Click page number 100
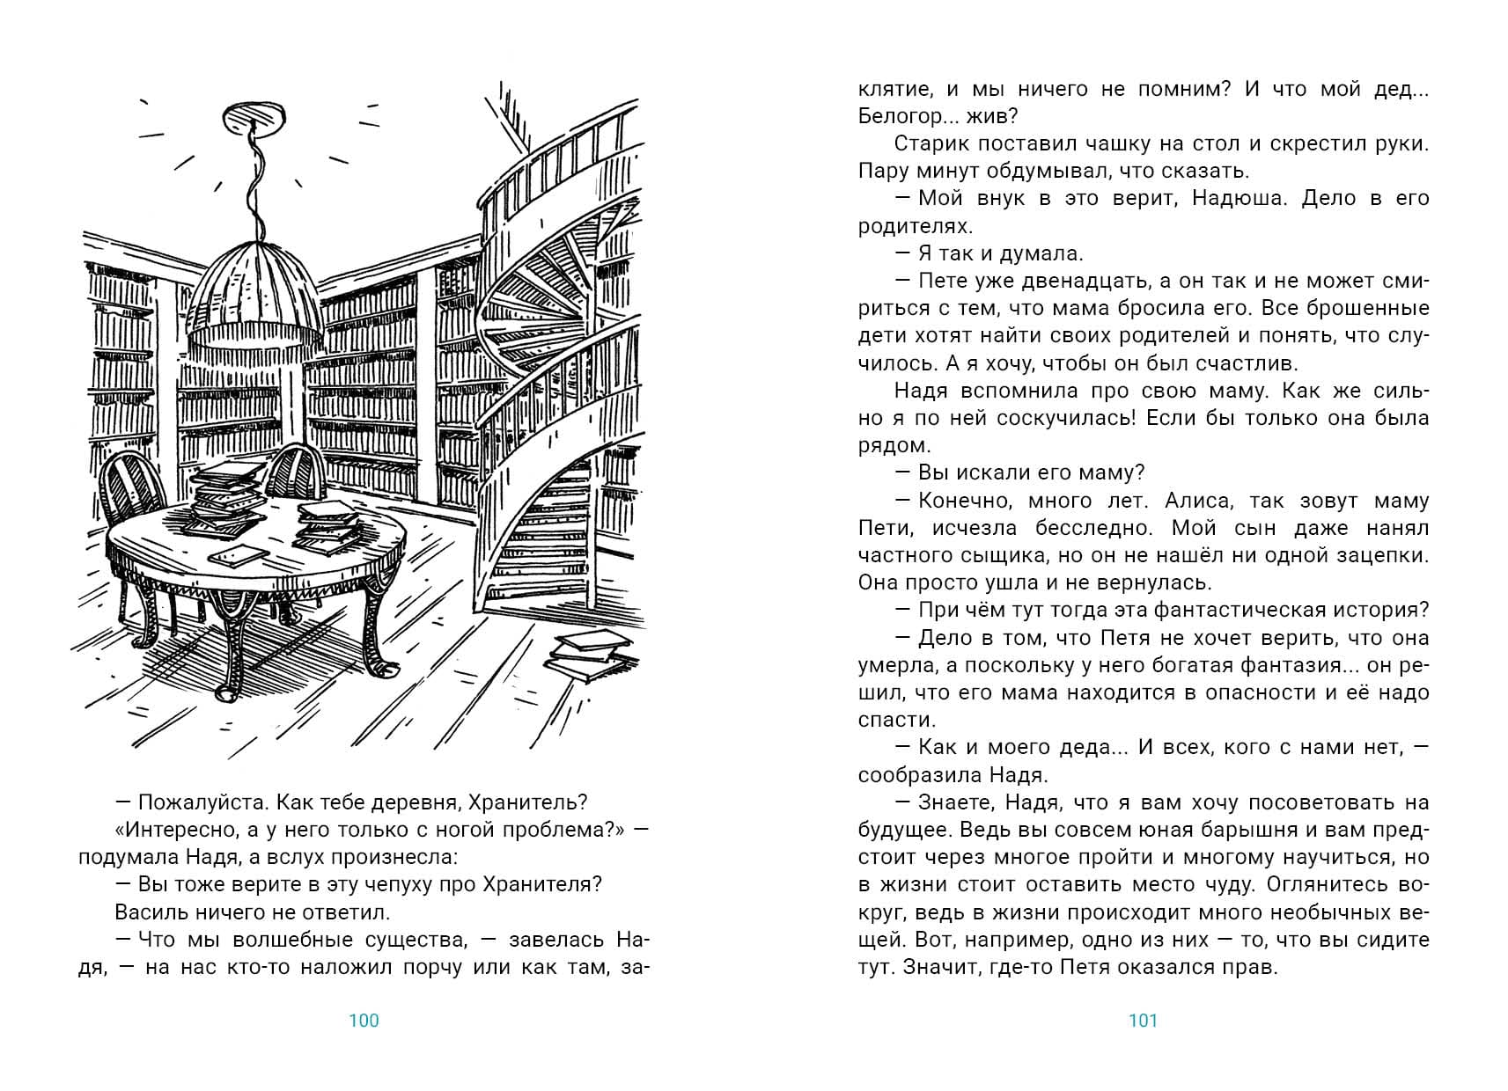(x=364, y=1021)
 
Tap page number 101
(x=1143, y=1021)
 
